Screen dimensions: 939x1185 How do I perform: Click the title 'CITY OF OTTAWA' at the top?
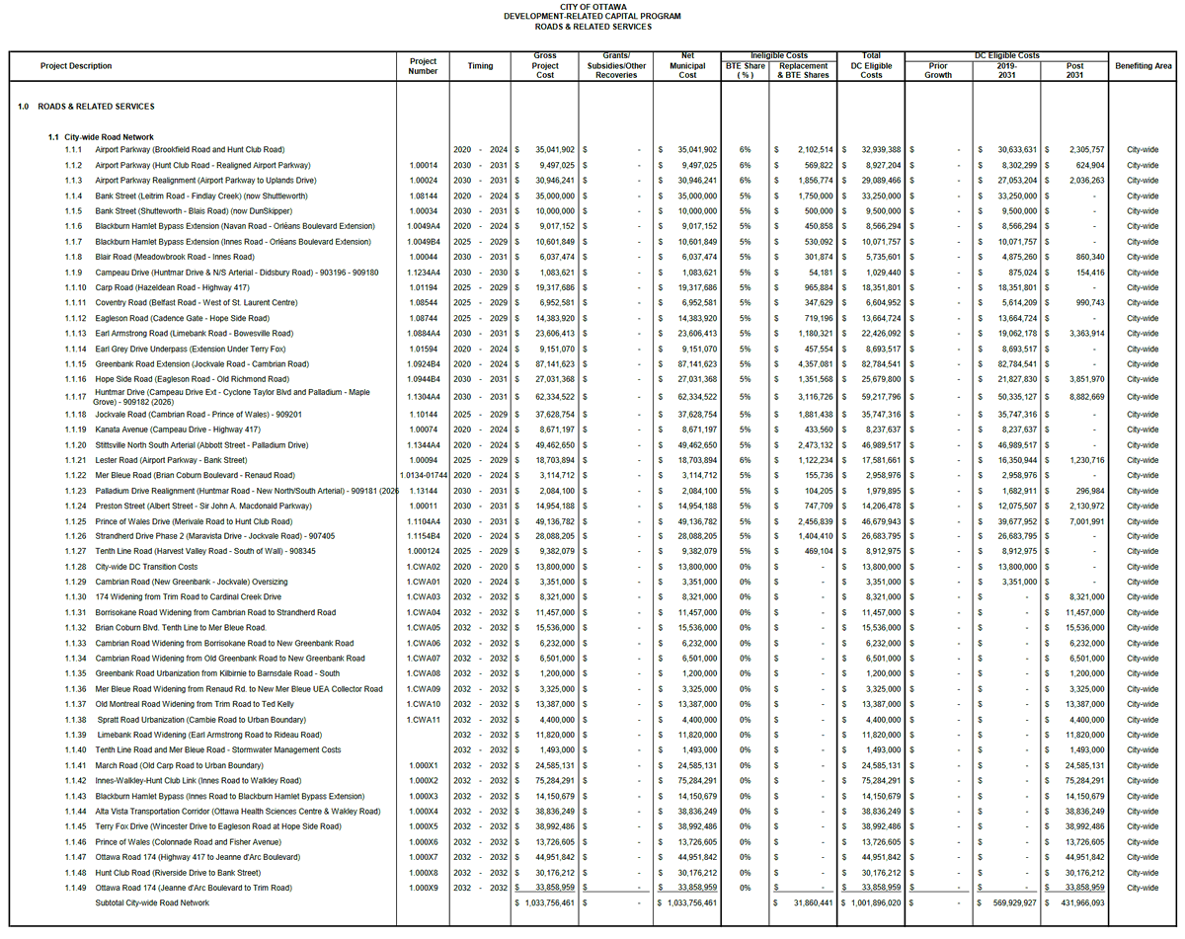point(592,6)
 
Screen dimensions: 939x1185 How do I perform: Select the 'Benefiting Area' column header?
point(1144,66)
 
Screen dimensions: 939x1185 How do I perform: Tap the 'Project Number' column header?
point(423,66)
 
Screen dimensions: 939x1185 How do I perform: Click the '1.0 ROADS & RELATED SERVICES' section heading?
point(86,107)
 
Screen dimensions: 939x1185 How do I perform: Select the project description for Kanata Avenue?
point(178,430)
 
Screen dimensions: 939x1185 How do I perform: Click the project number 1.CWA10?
point(423,704)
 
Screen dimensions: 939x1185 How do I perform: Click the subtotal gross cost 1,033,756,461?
point(547,902)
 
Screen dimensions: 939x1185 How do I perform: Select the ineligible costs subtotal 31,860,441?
point(807,902)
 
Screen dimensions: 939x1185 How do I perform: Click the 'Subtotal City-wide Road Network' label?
point(152,902)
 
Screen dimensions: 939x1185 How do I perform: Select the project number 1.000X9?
point(423,888)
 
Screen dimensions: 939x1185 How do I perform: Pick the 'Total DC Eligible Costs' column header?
point(871,66)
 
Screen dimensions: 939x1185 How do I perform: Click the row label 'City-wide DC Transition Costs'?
point(146,567)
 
